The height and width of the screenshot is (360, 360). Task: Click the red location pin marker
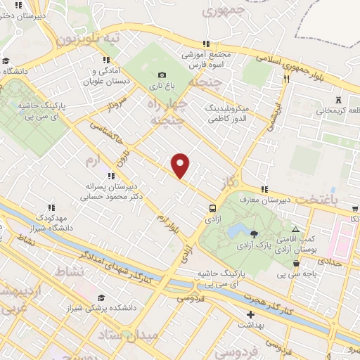tap(181, 165)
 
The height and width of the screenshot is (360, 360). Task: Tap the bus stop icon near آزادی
tap(212, 207)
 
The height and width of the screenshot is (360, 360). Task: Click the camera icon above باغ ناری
tap(162, 75)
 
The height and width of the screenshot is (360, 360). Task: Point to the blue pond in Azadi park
tap(236, 231)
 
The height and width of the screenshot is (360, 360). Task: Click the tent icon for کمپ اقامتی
tap(296, 230)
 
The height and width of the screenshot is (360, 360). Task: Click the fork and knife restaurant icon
tap(286, 79)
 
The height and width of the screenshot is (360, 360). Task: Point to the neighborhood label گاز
tap(226, 183)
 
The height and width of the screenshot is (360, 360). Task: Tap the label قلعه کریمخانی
tap(338, 110)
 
